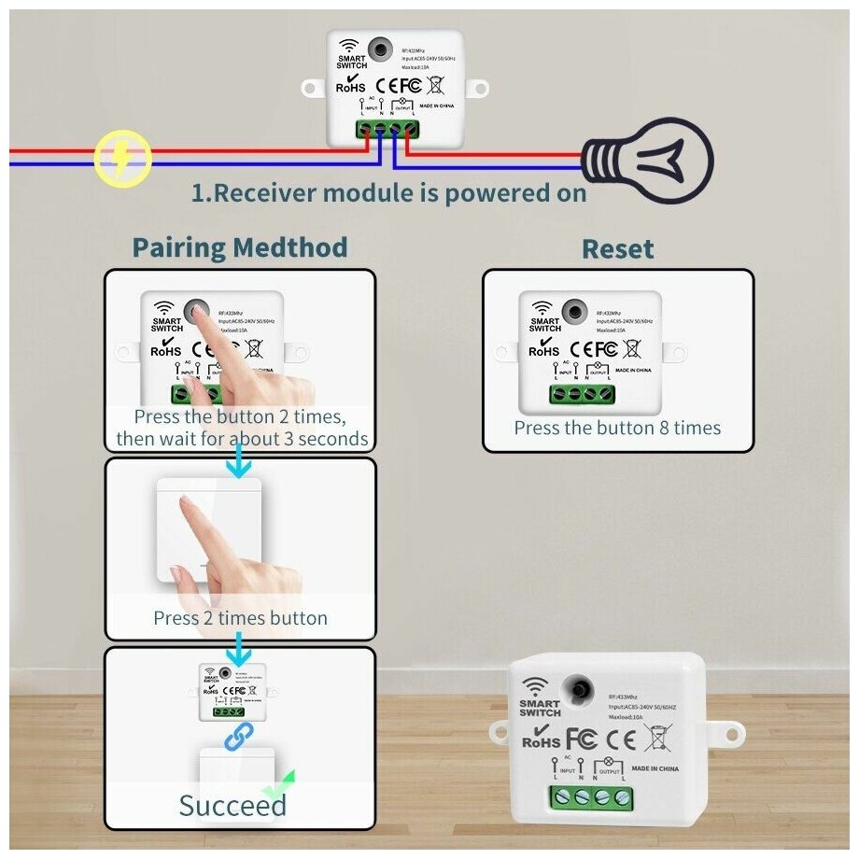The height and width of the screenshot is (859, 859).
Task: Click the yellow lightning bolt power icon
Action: pyautogui.click(x=123, y=157)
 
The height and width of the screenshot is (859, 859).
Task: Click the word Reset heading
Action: pyautogui.click(x=617, y=249)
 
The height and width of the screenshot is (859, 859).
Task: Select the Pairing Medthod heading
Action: pyautogui.click(x=240, y=247)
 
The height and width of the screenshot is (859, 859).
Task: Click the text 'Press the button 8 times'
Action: pyautogui.click(x=617, y=428)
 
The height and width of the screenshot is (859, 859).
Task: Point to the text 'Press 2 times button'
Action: pyautogui.click(x=240, y=617)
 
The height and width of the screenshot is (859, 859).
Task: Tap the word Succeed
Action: pyautogui.click(x=232, y=805)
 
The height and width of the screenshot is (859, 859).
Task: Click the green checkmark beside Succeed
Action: pyautogui.click(x=278, y=789)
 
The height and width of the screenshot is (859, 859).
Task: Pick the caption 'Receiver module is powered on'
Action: pyautogui.click(x=389, y=193)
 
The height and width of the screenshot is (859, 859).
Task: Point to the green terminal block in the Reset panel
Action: pyautogui.click(x=581, y=393)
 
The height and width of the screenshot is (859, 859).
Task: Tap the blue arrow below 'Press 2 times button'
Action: pyautogui.click(x=240, y=644)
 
